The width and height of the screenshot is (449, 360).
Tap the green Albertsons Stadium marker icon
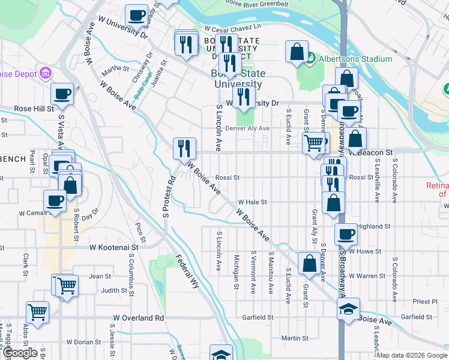coord(311,59)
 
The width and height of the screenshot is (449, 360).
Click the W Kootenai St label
coord(114,247)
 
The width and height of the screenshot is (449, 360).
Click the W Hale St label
coord(252,203)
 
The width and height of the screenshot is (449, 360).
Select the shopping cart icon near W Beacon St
coord(313,143)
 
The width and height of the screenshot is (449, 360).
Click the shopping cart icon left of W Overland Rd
coord(37,311)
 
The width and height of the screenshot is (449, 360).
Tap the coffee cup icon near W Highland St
coord(346,233)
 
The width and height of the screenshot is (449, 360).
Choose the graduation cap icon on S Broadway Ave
coord(348,308)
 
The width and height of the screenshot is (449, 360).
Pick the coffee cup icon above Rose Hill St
coord(62,94)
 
